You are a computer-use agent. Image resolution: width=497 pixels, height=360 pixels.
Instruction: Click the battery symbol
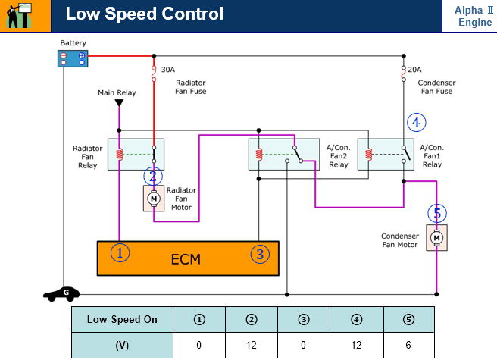73,58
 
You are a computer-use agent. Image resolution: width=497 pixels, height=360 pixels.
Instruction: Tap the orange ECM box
188,258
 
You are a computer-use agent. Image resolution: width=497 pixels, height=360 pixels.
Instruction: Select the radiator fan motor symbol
154,199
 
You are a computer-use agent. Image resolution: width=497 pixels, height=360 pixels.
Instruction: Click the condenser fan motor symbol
437,237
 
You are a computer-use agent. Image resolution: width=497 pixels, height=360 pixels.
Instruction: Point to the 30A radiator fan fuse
154,74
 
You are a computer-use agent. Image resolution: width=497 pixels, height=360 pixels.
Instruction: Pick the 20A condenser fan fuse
404,74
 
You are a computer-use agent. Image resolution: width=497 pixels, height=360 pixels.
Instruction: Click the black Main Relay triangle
119,103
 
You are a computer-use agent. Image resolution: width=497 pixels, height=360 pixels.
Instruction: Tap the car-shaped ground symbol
61,294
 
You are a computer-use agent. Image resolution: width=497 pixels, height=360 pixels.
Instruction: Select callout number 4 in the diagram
416,123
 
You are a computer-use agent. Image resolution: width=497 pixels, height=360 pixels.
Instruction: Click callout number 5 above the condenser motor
437,214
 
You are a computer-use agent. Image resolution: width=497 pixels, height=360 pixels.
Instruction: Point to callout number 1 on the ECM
120,253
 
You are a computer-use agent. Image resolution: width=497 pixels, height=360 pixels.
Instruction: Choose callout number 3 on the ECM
260,254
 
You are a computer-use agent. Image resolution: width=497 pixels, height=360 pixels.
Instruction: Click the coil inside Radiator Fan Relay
119,154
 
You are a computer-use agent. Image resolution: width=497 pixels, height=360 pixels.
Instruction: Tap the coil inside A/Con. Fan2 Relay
259,154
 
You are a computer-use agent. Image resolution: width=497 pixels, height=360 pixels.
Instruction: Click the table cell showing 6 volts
409,345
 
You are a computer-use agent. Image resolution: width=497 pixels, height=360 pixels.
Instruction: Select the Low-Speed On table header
122,319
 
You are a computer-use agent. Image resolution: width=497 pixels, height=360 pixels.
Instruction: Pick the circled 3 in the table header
304,319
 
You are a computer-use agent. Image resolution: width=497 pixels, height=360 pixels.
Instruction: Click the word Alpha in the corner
468,10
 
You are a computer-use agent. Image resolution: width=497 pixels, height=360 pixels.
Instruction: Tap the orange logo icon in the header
20,15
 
